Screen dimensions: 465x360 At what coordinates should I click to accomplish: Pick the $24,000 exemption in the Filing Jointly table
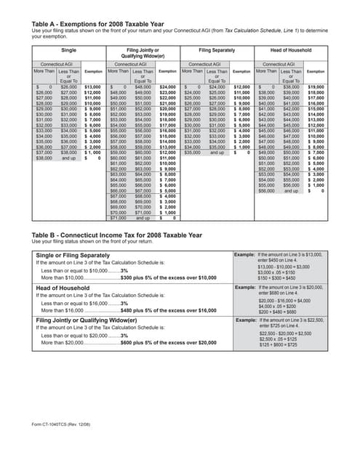(x=167, y=87)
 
